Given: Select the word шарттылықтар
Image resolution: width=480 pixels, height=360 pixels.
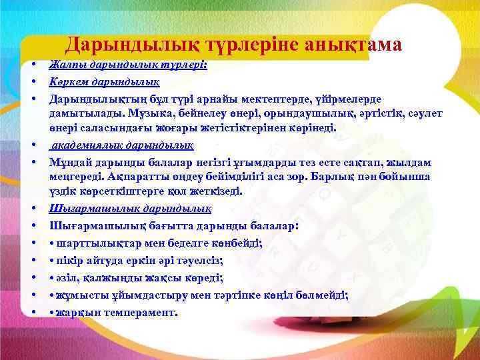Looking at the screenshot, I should click(91, 243).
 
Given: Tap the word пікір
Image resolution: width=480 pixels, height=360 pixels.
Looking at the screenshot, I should click(69, 260).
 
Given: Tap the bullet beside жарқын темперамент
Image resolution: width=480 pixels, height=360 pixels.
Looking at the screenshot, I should click(32, 311).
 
